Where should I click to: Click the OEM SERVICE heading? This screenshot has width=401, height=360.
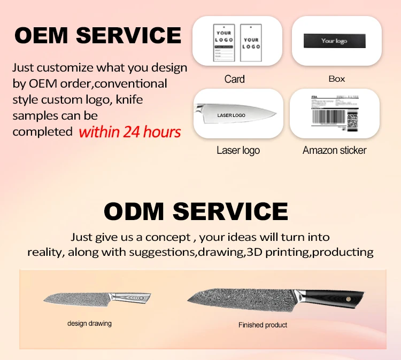[98, 35]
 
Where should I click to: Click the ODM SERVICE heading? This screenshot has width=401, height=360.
[196, 211]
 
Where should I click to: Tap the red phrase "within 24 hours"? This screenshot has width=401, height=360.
[130, 131]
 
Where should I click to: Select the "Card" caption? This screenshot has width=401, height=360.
[234, 80]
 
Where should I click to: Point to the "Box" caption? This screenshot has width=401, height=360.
[336, 79]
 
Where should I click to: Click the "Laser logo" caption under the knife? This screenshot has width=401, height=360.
[238, 151]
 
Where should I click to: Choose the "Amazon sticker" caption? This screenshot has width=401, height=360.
[335, 151]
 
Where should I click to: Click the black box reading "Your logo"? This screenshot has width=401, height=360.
[335, 41]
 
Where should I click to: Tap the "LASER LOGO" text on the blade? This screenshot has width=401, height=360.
[231, 115]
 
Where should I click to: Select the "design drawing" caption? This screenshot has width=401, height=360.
[89, 324]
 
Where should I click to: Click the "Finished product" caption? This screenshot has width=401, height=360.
[263, 325]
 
